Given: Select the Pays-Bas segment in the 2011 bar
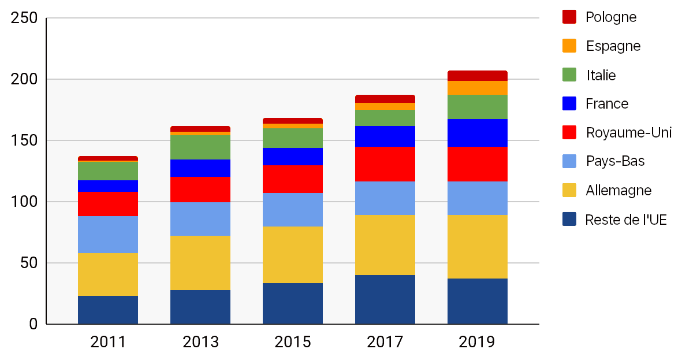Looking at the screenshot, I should pyautogui.click(x=108, y=235).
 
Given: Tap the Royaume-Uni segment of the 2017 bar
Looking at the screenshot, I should pyautogui.click(x=385, y=164).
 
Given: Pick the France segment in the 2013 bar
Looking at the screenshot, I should pyautogui.click(x=200, y=168).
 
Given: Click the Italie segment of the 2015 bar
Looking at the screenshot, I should pyautogui.click(x=293, y=138).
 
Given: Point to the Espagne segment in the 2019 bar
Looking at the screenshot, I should pyautogui.click(x=478, y=88).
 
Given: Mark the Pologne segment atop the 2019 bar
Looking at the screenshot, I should pyautogui.click(x=478, y=76).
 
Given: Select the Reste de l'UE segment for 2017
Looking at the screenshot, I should pyautogui.click(x=385, y=299).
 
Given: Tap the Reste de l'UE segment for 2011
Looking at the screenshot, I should pyautogui.click(x=108, y=310).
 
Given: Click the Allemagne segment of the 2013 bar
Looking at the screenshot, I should pyautogui.click(x=200, y=263).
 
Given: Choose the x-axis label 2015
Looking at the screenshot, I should pyautogui.click(x=293, y=342).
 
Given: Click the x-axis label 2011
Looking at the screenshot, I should pyautogui.click(x=108, y=342).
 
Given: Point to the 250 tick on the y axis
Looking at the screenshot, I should pyautogui.click(x=25, y=19).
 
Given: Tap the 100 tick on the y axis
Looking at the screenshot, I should pyautogui.click(x=25, y=202).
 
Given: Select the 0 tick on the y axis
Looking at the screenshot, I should pyautogui.click(x=33, y=324).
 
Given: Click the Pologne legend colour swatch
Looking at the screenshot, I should pyautogui.click(x=569, y=17).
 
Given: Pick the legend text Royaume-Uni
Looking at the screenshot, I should pyautogui.click(x=628, y=133).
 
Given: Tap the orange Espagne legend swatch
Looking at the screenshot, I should pyautogui.click(x=569, y=46).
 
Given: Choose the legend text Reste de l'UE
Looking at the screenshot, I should pyautogui.click(x=626, y=220).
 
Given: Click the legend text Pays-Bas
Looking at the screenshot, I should pyautogui.click(x=615, y=161).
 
